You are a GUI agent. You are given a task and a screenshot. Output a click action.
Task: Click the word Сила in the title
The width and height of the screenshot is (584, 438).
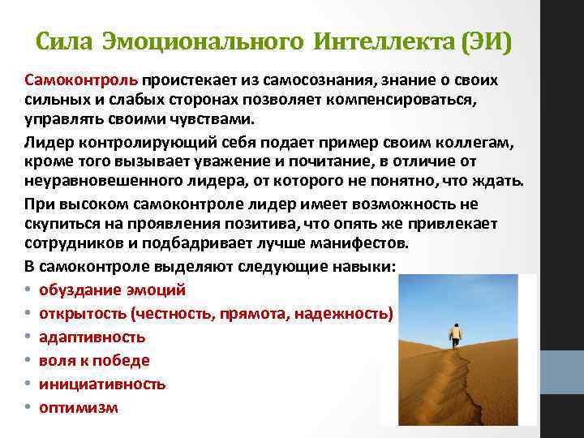pyautogui.click(x=67, y=41)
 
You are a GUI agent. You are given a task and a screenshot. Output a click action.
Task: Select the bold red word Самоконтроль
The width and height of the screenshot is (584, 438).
pyautogui.click(x=83, y=81)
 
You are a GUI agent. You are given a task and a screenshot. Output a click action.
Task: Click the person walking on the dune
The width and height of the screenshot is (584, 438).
pyautogui.click(x=456, y=334)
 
